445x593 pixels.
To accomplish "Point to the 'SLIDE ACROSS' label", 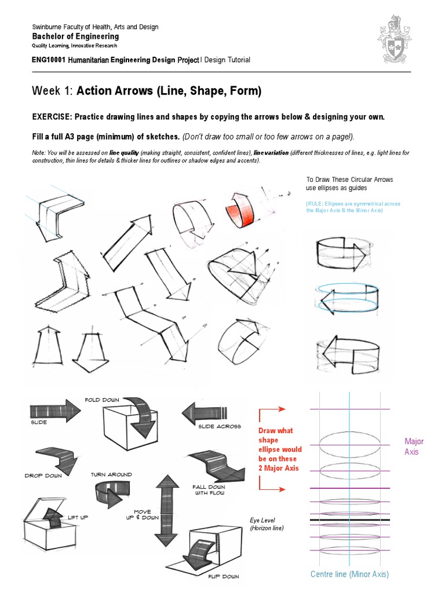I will (x=219, y=427).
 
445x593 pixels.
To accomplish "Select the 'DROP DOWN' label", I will (x=43, y=475).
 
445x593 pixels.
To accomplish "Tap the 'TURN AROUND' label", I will (x=111, y=474).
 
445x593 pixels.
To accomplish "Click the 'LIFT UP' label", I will (x=78, y=517).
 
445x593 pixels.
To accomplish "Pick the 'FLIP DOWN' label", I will (x=223, y=577).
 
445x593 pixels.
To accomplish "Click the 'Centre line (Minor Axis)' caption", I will (x=349, y=574).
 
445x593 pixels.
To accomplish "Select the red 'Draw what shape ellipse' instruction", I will (x=280, y=449).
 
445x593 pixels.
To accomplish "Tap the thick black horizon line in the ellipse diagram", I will (x=349, y=521).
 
